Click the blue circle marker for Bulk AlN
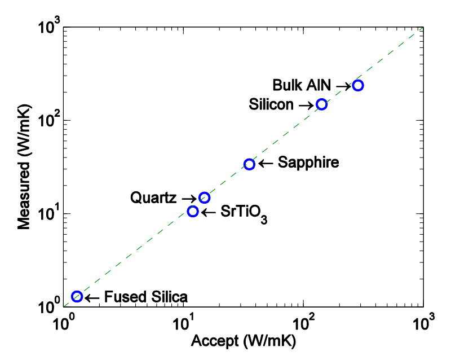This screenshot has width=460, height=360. [357, 85]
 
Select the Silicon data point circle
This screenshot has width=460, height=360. [321, 104]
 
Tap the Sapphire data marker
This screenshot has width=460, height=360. [249, 164]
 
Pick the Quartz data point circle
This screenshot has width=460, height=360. [205, 197]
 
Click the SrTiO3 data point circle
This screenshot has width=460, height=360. [193, 212]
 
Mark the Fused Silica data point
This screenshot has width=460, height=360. [77, 296]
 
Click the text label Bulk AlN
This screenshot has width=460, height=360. [303, 85]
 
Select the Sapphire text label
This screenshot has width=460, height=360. [308, 163]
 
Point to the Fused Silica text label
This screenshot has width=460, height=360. [145, 297]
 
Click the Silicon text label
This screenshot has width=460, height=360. [271, 104]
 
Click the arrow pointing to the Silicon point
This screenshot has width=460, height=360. [306, 105]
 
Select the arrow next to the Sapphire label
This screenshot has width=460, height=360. [266, 164]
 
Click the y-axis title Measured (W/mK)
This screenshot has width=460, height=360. [23, 167]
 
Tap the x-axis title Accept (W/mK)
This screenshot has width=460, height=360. [244, 341]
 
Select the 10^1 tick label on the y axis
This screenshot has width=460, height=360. [46, 214]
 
